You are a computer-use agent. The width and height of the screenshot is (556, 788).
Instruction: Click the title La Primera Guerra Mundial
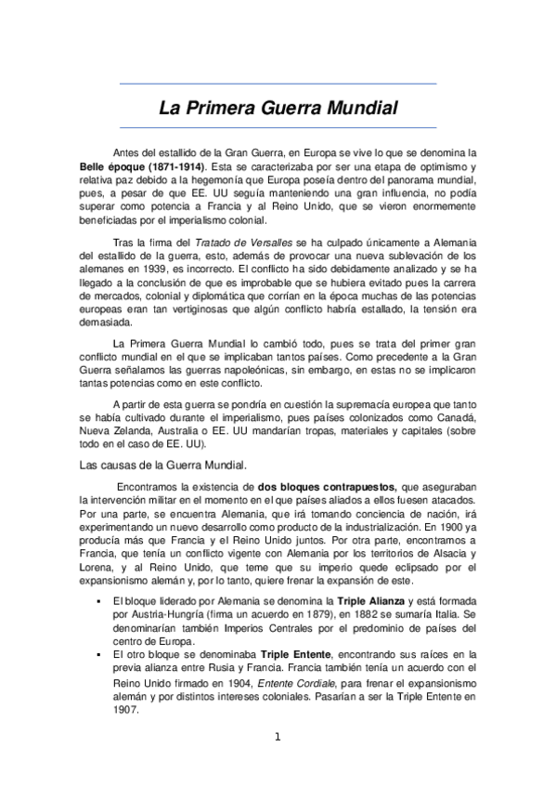pos(278,108)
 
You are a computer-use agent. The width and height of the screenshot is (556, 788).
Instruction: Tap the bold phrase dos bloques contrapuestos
pos(327,486)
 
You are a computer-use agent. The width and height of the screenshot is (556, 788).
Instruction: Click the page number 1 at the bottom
pos(277,738)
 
